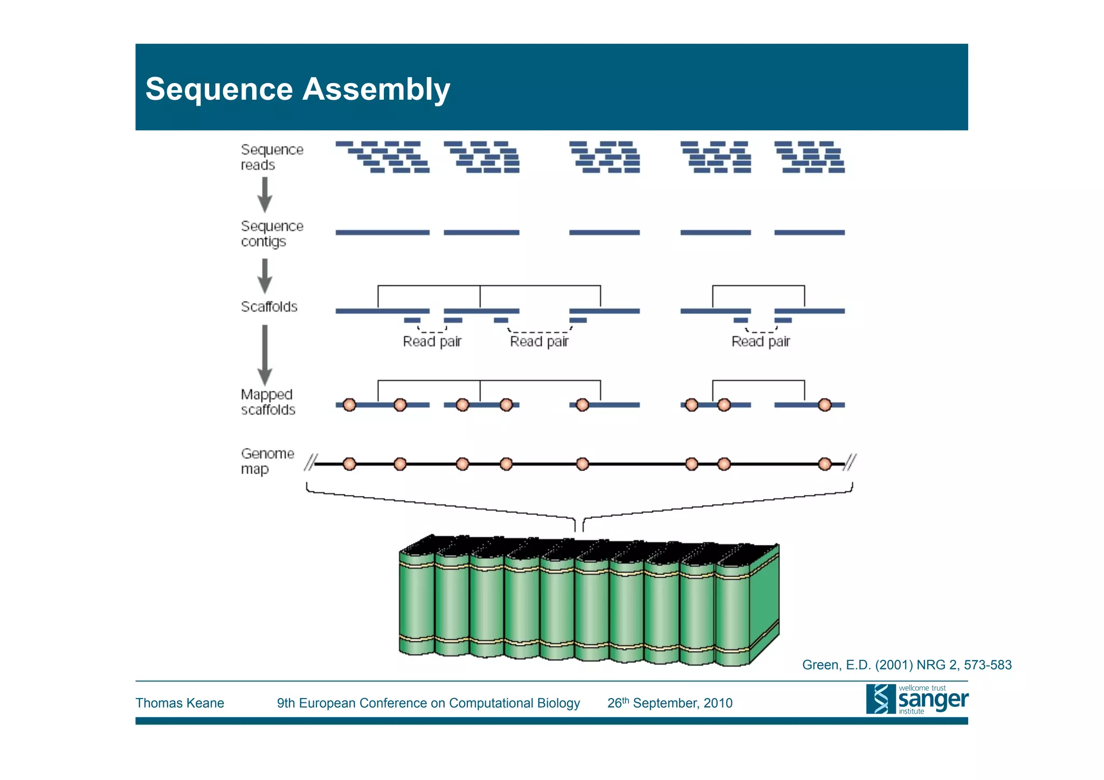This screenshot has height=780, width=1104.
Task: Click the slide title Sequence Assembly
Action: point(298,89)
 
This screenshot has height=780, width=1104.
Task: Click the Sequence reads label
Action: point(272,157)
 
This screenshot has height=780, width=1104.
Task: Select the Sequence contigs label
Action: point(272,233)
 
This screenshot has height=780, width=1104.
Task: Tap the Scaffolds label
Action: point(269,307)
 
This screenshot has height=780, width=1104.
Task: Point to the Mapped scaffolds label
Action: point(268,402)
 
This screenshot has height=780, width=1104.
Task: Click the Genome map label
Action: point(267,461)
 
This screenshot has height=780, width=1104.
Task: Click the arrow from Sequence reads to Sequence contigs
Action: point(265,195)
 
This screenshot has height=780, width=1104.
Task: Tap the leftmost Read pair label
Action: point(432,342)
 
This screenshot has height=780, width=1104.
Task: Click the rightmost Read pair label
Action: point(760,342)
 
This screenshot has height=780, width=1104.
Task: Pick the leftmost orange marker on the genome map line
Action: point(349,464)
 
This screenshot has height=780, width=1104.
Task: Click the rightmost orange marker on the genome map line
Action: point(824,464)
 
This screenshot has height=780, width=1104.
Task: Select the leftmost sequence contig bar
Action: point(382,232)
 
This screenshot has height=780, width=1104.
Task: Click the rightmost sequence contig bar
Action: point(809,232)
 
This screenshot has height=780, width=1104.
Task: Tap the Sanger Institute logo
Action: point(916,699)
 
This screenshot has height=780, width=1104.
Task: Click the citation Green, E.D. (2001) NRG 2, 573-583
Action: point(906,665)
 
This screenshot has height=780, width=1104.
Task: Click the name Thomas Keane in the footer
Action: point(180,703)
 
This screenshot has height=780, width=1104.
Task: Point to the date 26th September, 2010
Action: point(670,703)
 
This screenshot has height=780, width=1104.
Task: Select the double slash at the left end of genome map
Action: point(310,463)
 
